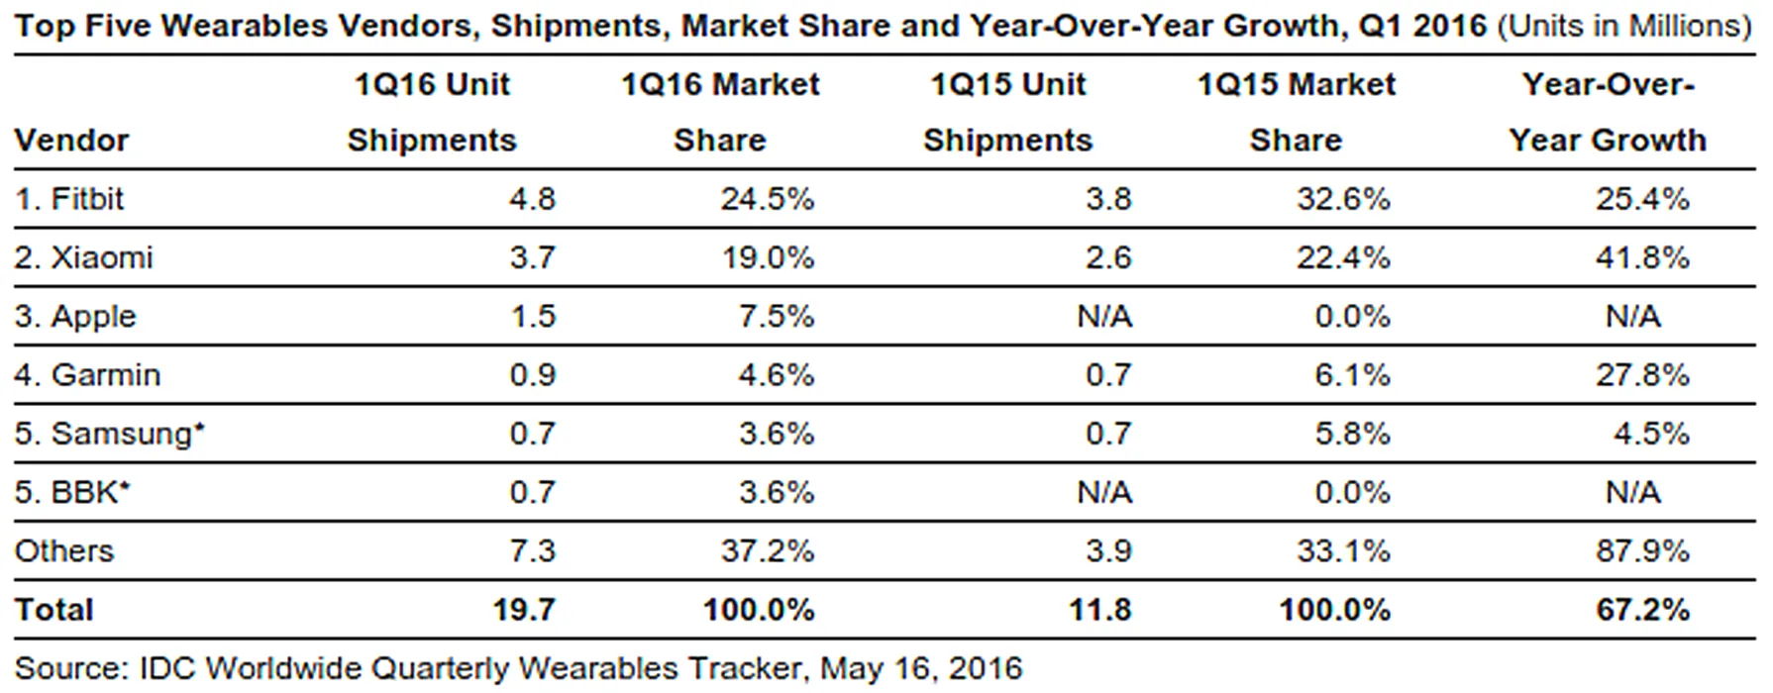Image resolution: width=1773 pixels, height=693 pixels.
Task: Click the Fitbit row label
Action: coord(69,199)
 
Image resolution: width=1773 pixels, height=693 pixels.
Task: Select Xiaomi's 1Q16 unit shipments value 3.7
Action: coord(532,257)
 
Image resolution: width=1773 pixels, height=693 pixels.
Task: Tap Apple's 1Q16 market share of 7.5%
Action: coord(776,316)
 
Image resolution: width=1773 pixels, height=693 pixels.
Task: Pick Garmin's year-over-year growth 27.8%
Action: coord(1641,374)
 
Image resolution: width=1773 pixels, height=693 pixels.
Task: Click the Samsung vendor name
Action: coord(121,434)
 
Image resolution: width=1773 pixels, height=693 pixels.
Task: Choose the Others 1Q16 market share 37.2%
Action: coord(767,550)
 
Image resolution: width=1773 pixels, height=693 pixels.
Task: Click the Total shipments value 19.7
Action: coord(524,610)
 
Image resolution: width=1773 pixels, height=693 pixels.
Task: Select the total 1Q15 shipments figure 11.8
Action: coord(1099,610)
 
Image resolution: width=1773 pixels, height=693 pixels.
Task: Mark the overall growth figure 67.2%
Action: coord(1641,610)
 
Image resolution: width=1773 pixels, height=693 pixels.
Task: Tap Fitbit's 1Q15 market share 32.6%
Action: coord(1343,199)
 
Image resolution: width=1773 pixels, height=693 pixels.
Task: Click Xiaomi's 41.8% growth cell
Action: coord(1641,257)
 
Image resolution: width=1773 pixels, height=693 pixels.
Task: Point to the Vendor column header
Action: coord(71,141)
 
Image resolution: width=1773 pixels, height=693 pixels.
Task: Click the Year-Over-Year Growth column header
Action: coord(1608,112)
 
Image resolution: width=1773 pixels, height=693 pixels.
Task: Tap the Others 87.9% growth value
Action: coord(1641,550)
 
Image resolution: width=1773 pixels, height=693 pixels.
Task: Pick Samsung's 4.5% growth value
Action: coord(1650,434)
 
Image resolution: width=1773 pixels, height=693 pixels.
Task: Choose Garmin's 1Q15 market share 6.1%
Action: coord(1352,374)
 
